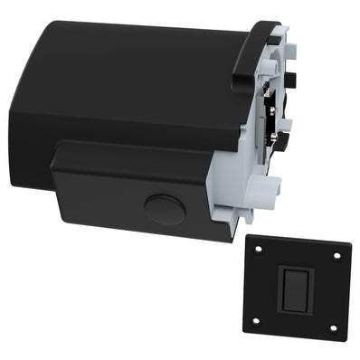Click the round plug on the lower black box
(x=165, y=210)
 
